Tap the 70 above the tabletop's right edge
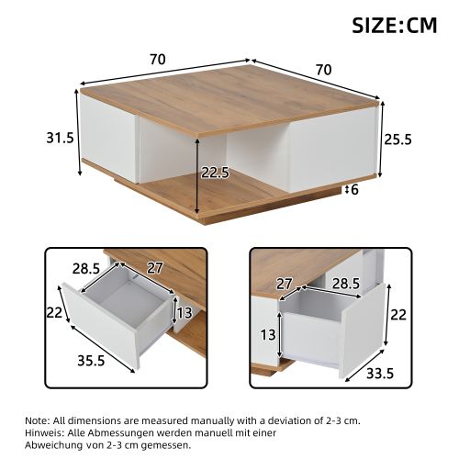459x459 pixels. [322, 68]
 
